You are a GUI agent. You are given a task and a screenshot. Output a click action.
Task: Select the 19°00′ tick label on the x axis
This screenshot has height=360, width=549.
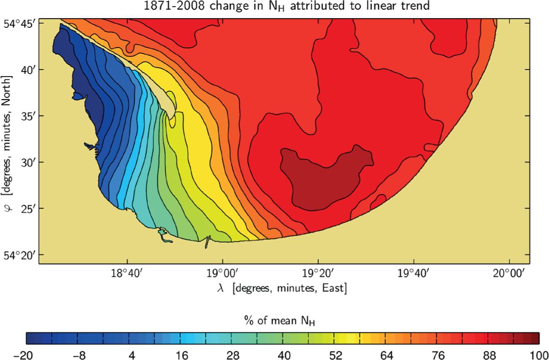tap(222, 274)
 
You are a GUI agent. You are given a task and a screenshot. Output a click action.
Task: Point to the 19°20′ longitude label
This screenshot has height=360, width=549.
tap(318, 274)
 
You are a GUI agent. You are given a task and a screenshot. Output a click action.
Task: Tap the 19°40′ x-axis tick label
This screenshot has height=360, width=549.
tap(413, 274)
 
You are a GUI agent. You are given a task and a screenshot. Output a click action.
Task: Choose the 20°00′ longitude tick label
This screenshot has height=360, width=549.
tap(509, 274)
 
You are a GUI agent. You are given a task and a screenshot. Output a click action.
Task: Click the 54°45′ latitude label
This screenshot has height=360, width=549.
tap(18, 23)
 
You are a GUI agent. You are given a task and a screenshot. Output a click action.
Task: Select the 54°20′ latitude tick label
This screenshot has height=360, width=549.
tap(18, 255)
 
